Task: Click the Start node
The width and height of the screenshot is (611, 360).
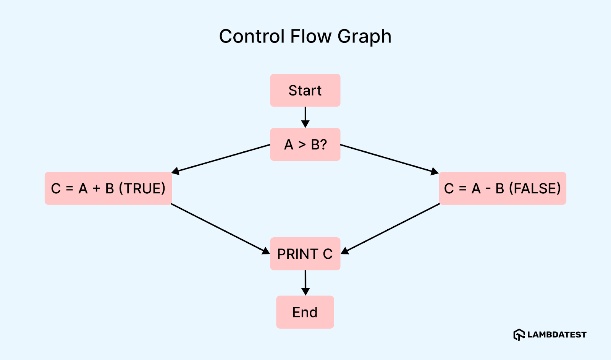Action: coord(305,90)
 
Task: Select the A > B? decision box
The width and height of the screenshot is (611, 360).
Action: coord(305,144)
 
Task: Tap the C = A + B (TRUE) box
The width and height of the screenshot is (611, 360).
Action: coord(108,188)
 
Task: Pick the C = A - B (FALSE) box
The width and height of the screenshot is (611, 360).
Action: coord(502,188)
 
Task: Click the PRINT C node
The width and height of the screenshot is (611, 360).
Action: coord(305,254)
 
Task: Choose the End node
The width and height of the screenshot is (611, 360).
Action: coord(305,312)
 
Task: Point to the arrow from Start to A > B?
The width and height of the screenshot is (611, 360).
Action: coord(305,117)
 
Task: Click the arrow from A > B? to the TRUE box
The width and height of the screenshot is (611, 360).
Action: coord(221,158)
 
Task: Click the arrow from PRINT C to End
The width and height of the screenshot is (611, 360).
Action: coord(305,282)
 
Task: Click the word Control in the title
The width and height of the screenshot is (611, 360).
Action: coord(252,37)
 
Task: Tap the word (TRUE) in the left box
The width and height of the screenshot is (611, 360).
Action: coord(142,188)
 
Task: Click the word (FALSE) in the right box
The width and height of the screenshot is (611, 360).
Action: coord(535,188)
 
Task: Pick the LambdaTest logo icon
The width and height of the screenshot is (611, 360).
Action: coord(519,335)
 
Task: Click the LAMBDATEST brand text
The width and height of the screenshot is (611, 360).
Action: coord(557,335)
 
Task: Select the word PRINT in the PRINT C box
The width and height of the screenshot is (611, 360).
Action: coord(297,254)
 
